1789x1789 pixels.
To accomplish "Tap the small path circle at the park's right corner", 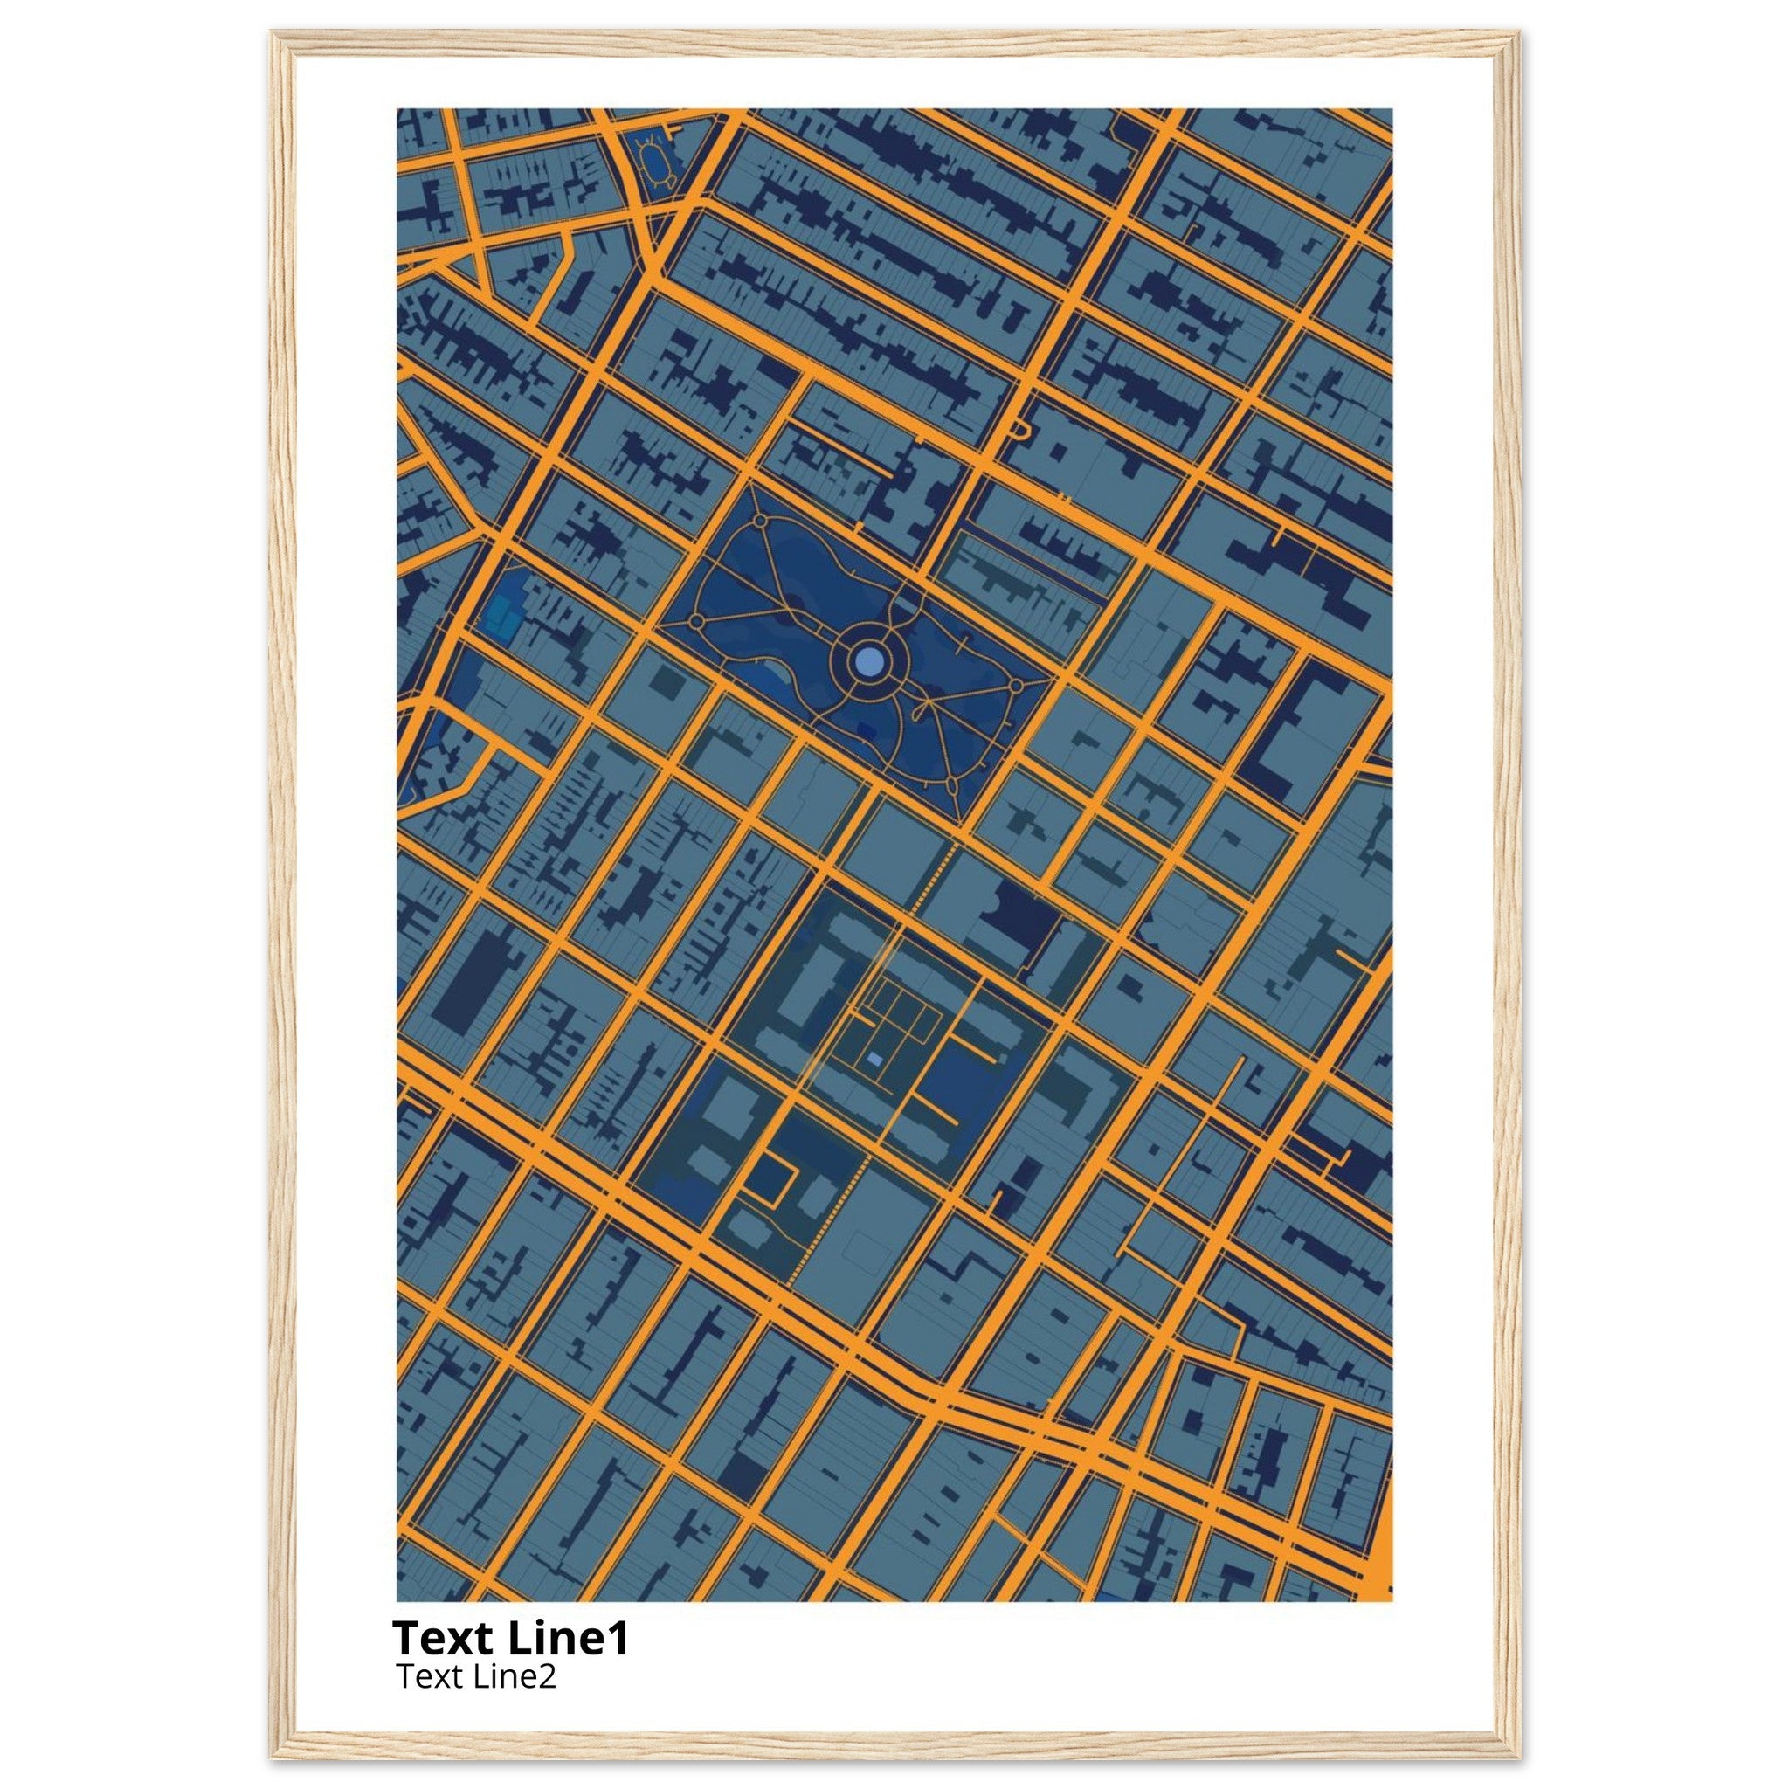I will coord(1016,686).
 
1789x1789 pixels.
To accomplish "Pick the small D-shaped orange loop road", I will coord(1020,429).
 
